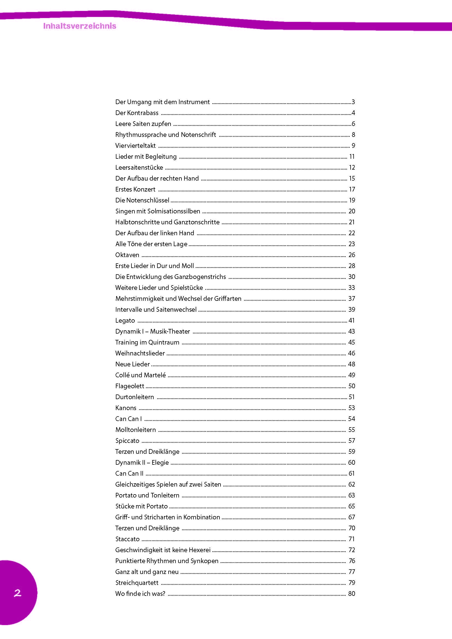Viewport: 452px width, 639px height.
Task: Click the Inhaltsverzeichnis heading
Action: point(80,26)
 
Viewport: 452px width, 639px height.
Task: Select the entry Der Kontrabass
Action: point(137,113)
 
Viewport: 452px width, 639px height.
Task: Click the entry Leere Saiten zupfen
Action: point(143,124)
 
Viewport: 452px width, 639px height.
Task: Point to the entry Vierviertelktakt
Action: point(136,146)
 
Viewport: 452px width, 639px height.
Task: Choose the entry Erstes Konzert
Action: point(135,190)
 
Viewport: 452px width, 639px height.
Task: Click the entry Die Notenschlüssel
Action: point(142,200)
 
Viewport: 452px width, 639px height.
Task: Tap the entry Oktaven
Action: point(127,255)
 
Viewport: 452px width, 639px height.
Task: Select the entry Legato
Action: point(125,321)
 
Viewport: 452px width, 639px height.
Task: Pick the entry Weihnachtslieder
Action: point(140,354)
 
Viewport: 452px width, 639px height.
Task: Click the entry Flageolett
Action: point(130,386)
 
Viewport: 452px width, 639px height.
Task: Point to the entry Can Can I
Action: point(128,419)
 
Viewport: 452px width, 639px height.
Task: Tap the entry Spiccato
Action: point(127,441)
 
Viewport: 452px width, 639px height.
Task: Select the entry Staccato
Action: point(127,539)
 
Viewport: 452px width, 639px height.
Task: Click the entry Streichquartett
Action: point(137,583)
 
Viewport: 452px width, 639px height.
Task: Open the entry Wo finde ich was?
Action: point(140,594)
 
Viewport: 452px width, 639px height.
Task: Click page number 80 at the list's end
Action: point(351,594)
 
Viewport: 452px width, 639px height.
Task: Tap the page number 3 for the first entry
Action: point(353,102)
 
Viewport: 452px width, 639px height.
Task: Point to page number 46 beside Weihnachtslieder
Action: point(351,354)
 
